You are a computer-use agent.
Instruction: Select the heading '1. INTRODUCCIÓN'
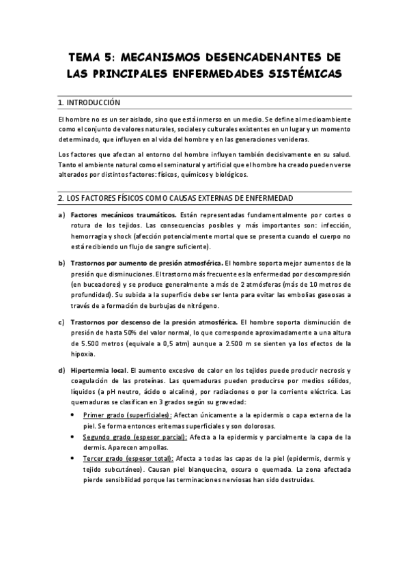point(90,102)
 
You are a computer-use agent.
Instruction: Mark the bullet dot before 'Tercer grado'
point(74,459)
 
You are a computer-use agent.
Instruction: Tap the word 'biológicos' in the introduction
point(231,174)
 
